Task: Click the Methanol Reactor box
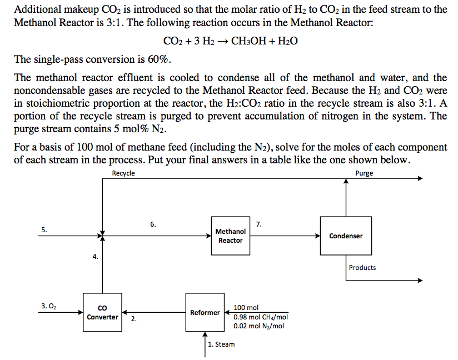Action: tap(230, 236)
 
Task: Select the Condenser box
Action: tap(346, 236)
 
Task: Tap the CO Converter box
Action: tap(102, 313)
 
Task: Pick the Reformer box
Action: tap(205, 313)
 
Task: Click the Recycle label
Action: tap(123, 173)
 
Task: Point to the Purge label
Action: tap(364, 173)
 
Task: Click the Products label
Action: tap(362, 268)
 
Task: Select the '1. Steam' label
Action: tap(221, 344)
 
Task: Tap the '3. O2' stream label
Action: tap(49, 306)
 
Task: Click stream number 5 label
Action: tap(44, 229)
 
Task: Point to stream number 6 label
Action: tap(153, 224)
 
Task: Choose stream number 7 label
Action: tap(259, 224)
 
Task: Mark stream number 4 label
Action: tap(95, 257)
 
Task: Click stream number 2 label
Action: tap(133, 319)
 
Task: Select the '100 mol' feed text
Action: tap(246, 308)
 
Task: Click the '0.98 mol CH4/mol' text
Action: tap(261, 317)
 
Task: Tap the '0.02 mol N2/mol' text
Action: tap(259, 326)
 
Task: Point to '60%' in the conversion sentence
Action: tap(160, 59)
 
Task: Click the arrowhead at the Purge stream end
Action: tap(420, 179)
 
